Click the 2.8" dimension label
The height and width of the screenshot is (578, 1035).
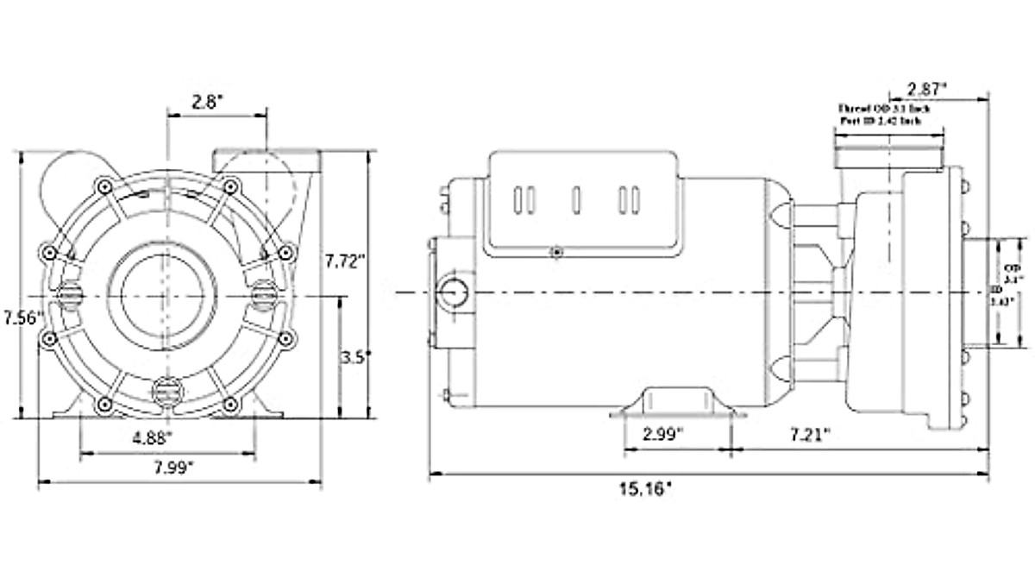[208, 101]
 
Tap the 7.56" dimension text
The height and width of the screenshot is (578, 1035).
[22, 317]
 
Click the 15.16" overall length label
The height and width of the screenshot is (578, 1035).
[644, 489]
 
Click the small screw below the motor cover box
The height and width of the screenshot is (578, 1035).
[556, 252]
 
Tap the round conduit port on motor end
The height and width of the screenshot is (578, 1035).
[451, 293]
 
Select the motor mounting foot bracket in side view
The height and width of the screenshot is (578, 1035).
[678, 403]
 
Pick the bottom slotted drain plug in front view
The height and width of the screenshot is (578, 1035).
[162, 392]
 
